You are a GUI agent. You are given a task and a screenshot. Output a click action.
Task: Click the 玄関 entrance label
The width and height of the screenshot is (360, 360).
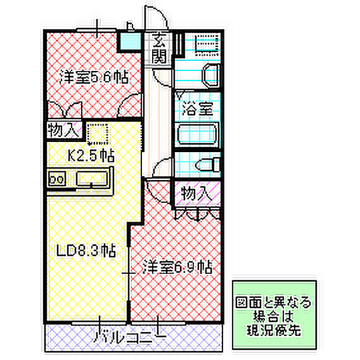(x=159, y=48)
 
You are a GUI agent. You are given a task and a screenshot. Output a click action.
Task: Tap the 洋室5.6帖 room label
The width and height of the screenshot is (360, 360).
(x=94, y=77)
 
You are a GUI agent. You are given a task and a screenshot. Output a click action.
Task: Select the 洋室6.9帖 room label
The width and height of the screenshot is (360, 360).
(x=177, y=267)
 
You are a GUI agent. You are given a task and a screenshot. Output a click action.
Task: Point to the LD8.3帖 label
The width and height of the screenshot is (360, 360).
(x=86, y=250)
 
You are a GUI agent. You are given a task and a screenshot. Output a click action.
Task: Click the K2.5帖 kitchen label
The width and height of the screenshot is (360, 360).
(x=91, y=155)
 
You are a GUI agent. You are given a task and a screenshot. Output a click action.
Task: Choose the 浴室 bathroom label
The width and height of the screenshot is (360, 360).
(x=198, y=108)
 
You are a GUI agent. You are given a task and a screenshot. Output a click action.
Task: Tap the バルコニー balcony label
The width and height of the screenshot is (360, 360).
(x=129, y=337)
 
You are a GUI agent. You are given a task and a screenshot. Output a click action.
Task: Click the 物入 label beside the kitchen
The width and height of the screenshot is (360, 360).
(x=65, y=130)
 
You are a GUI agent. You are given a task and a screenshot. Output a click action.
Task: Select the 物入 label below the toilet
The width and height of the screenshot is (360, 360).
(x=196, y=193)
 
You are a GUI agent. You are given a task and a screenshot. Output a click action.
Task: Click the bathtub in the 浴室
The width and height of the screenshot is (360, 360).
(x=197, y=134)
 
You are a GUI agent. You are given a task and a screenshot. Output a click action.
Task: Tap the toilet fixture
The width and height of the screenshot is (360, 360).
(x=208, y=164)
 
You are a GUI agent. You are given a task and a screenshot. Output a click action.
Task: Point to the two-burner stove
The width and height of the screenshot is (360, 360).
(x=56, y=179)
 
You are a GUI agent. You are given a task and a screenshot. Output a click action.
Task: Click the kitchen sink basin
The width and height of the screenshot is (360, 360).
(x=92, y=179)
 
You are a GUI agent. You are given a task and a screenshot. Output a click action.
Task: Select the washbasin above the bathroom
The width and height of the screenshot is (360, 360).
(x=210, y=75)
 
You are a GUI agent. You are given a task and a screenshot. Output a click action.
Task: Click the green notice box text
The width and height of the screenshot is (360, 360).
(x=274, y=316)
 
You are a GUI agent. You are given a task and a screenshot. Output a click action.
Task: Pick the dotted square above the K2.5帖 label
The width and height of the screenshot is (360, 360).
(x=98, y=134)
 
